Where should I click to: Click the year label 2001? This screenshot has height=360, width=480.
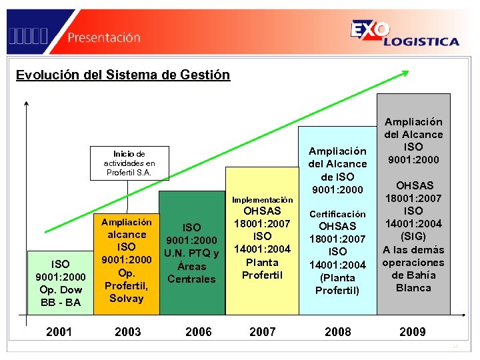tap(59, 331)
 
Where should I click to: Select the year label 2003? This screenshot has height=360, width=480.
tap(127, 331)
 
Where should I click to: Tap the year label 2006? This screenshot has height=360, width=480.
tap(199, 331)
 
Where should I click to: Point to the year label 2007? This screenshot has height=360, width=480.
tap(262, 331)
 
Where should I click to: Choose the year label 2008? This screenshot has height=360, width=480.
tap(337, 331)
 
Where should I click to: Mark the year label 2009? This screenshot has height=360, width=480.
tap(412, 331)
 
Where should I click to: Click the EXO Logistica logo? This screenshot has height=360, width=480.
tap(404, 33)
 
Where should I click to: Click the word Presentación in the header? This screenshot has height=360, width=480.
tap(104, 37)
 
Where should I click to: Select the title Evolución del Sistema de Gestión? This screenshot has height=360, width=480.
tap(123, 75)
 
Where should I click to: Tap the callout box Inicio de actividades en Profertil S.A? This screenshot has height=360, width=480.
tap(129, 163)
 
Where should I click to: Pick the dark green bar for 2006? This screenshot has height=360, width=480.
tap(192, 253)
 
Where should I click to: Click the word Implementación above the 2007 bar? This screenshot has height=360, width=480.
tap(262, 199)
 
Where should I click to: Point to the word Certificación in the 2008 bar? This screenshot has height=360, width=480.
tap(337, 214)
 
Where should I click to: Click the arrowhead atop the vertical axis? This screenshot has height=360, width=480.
tap(26, 103)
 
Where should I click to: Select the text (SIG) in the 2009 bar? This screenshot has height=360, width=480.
tap(413, 237)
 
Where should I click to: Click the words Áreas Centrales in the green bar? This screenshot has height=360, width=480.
tap(192, 272)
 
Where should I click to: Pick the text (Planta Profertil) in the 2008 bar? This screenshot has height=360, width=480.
tap(337, 283)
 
